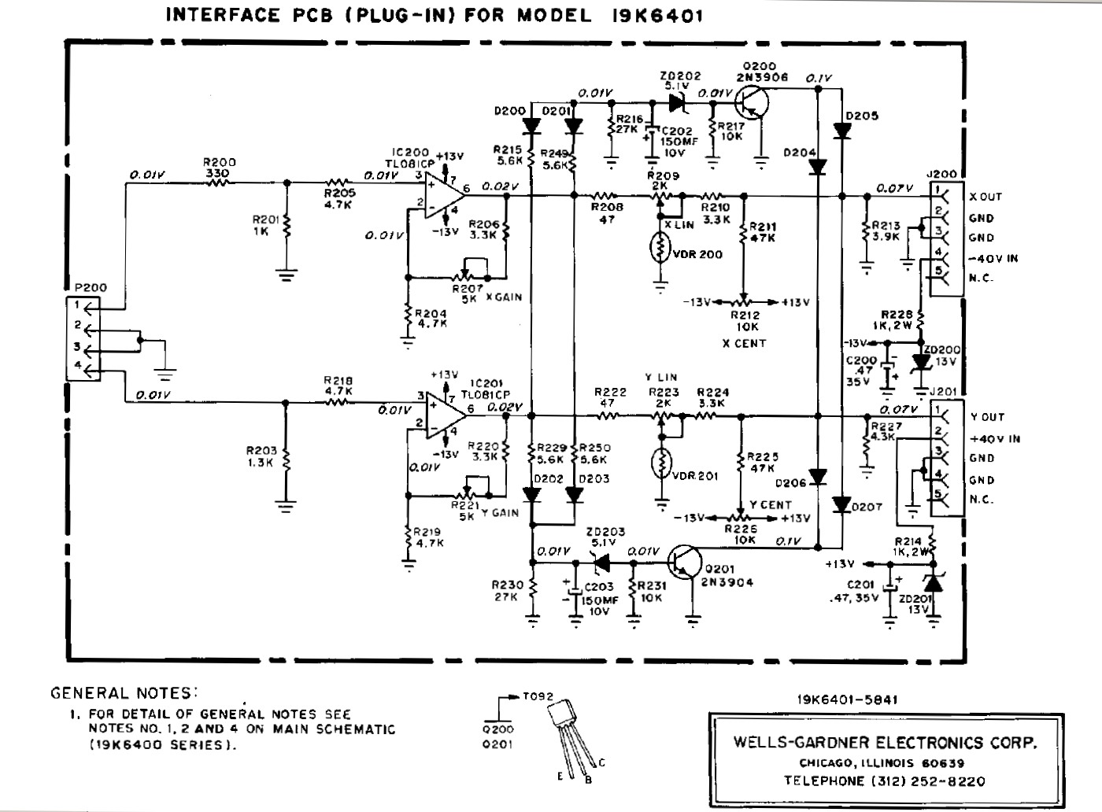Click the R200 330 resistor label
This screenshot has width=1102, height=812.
pos(220,168)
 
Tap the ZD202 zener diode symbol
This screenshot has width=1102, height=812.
pos(675,102)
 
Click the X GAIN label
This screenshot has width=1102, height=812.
pos(504,297)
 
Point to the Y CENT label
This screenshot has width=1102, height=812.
pos(770,504)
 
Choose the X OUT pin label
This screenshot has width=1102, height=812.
pos(986,197)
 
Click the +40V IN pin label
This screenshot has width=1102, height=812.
pos(995,438)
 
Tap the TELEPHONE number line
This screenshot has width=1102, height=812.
pos(884,781)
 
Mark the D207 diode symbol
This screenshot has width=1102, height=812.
pos(842,504)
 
